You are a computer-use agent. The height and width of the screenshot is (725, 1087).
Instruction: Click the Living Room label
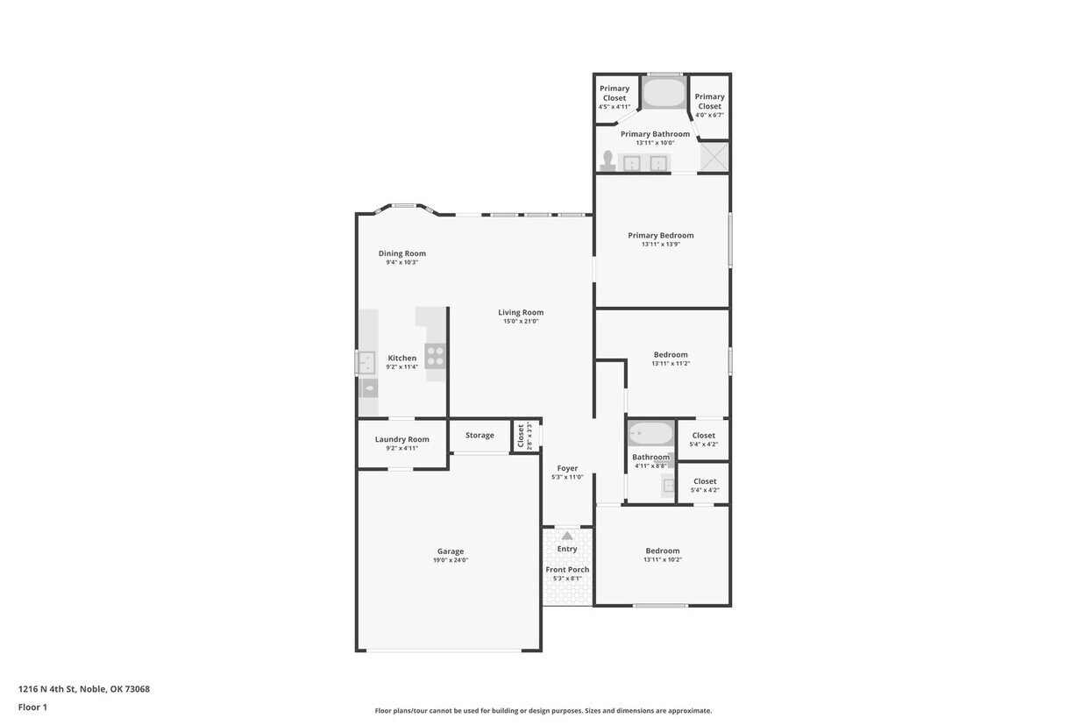click(521, 312)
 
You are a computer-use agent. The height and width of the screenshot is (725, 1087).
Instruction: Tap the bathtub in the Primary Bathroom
click(664, 93)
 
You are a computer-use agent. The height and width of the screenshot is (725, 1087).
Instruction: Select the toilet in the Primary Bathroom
click(607, 160)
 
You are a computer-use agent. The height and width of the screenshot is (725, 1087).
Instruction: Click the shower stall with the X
click(714, 157)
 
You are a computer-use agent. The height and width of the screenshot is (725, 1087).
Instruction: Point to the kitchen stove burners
click(435, 355)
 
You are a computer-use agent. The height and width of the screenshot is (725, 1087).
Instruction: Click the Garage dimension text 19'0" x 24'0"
click(451, 560)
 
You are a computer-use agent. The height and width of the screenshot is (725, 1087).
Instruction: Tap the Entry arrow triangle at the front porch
click(567, 536)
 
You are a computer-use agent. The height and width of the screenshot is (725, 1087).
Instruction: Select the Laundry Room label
click(401, 439)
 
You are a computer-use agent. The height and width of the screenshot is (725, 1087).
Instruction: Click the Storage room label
click(480, 435)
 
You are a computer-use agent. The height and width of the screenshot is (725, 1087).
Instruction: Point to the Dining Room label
click(401, 253)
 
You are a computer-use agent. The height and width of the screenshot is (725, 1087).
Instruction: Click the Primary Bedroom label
click(660, 235)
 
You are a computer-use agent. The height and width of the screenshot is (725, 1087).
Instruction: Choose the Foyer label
click(567, 468)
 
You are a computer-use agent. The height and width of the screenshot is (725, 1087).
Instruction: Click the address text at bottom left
click(84, 689)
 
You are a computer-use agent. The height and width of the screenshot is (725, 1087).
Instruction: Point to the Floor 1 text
click(32, 707)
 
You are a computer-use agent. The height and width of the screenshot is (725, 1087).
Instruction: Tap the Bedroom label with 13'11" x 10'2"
click(662, 551)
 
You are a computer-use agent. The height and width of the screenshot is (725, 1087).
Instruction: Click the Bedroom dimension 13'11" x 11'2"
click(671, 363)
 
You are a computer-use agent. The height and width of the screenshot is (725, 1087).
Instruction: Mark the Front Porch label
click(567, 569)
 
